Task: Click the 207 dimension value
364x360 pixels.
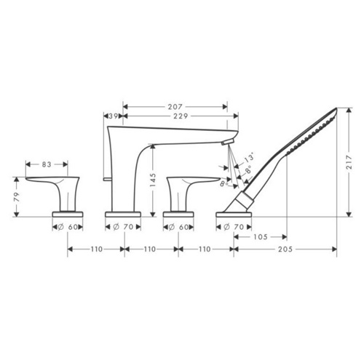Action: pyautogui.click(x=175, y=107)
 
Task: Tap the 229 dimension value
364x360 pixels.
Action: pyautogui.click(x=181, y=116)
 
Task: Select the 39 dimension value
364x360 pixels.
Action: pyautogui.click(x=113, y=116)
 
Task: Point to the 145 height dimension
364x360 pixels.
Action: pyautogui.click(x=153, y=180)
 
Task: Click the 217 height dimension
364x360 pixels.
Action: pyautogui.click(x=349, y=162)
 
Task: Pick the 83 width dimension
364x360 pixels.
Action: pyautogui.click(x=47, y=164)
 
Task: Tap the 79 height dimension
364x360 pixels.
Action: pyautogui.click(x=17, y=197)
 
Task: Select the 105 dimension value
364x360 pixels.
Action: pyautogui.click(x=261, y=236)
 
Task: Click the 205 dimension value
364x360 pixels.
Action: pyautogui.click(x=285, y=249)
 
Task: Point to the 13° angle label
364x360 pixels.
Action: pyautogui.click(x=249, y=158)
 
